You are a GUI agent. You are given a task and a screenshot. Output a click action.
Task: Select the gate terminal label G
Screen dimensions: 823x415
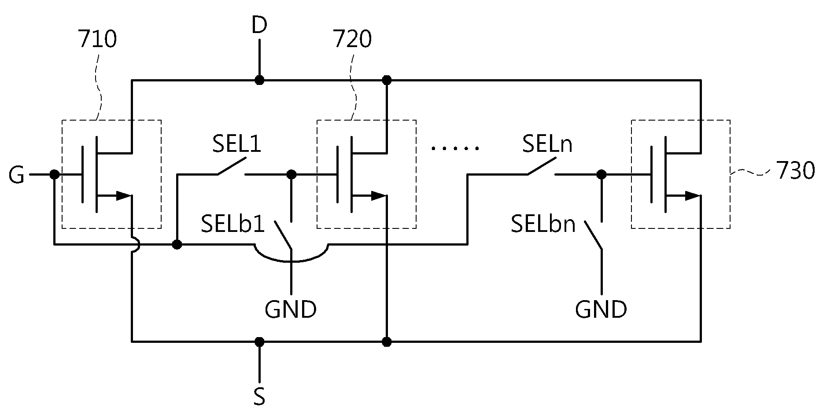pyautogui.click(x=17, y=176)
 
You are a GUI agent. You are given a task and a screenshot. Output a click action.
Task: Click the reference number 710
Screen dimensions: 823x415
pyautogui.click(x=97, y=40)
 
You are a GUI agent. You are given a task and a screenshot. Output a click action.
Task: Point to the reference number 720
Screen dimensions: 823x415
pyautogui.click(x=352, y=40)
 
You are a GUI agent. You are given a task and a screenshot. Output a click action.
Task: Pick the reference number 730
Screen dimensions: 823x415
pyautogui.click(x=796, y=171)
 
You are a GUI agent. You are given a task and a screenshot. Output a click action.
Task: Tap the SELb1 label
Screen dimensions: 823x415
pyautogui.click(x=233, y=224)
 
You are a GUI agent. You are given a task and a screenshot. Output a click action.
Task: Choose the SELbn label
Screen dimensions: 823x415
pyautogui.click(x=543, y=224)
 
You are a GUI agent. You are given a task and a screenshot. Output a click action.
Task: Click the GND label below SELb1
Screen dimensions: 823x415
pyautogui.click(x=291, y=309)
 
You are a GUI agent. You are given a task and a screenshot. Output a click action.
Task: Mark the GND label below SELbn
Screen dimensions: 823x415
pyautogui.click(x=601, y=309)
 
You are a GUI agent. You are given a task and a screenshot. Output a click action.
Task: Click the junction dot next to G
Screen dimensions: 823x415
pyautogui.click(x=54, y=175)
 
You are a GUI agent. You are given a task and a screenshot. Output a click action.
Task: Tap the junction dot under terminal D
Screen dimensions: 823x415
pyautogui.click(x=259, y=80)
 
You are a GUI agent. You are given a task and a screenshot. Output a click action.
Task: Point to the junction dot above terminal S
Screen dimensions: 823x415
pyautogui.click(x=259, y=342)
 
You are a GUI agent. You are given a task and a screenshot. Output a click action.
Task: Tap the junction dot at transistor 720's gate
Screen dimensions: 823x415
pyautogui.click(x=291, y=175)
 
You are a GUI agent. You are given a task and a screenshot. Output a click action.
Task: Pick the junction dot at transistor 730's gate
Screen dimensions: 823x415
pyautogui.click(x=601, y=175)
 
